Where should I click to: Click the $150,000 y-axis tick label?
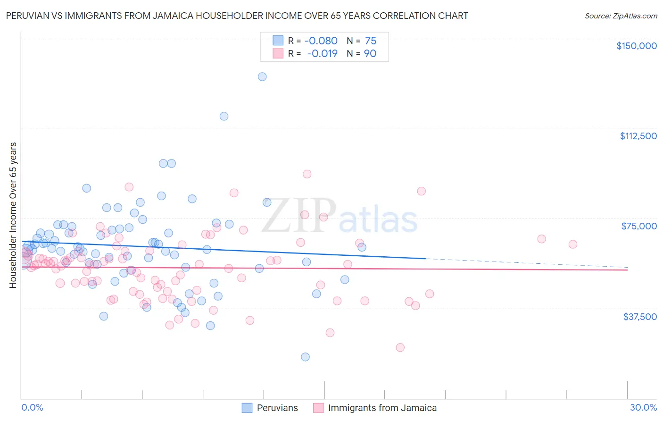636,46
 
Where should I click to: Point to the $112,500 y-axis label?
638,136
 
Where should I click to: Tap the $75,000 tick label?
639,226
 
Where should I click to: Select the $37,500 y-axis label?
640,317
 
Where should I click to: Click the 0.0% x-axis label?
32,407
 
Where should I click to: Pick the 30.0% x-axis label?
643,407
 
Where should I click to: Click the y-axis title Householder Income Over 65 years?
13,215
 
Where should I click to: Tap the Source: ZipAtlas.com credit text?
621,16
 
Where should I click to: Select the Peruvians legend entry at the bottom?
277,408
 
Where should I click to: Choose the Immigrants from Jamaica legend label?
382,408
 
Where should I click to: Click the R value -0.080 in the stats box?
321,41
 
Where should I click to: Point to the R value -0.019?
322,53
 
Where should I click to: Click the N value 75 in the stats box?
371,41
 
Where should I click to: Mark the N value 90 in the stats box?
370,53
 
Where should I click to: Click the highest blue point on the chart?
262,76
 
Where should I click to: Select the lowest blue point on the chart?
306,357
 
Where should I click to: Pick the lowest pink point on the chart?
400,347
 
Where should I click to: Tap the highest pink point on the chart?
307,174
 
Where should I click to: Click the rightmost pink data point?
573,244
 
